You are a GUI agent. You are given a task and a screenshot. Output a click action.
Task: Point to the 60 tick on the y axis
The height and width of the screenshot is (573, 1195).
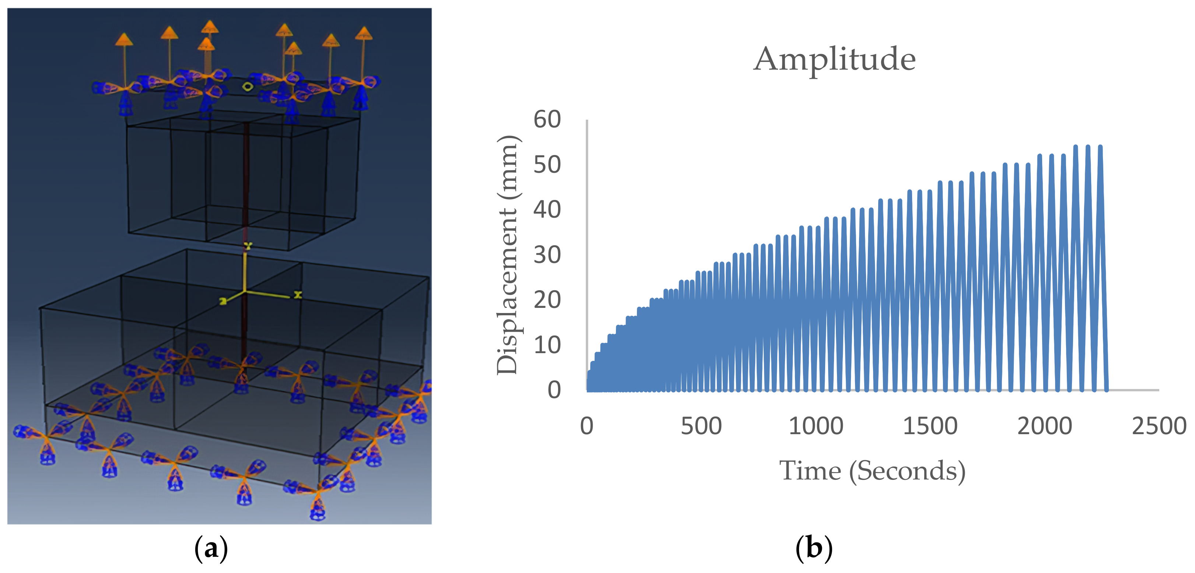tap(547, 120)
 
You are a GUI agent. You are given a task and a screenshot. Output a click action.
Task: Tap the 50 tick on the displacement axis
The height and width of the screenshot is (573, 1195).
tap(547, 165)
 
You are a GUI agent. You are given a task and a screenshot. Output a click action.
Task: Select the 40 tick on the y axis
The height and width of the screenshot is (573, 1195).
tap(547, 210)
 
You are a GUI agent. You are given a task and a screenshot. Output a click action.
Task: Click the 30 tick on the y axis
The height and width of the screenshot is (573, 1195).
tap(547, 255)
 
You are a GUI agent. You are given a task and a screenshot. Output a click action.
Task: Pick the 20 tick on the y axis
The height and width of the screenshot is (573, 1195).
tap(547, 300)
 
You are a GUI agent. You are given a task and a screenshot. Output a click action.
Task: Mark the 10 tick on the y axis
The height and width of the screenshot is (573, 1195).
tap(547, 345)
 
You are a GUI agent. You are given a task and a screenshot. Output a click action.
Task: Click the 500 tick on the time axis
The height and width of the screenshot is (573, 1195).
tap(701, 426)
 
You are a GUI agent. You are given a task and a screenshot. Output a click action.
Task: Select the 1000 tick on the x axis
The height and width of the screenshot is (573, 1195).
tap(816, 426)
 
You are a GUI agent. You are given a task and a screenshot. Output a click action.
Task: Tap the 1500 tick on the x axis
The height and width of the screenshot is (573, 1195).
tap(930, 426)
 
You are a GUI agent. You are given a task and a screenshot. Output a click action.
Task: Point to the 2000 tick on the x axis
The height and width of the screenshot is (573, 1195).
tap(1045, 426)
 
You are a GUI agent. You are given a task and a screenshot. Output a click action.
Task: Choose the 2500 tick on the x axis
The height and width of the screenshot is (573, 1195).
tap(1159, 426)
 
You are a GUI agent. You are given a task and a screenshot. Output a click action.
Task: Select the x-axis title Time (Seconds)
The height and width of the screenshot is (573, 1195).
tap(872, 471)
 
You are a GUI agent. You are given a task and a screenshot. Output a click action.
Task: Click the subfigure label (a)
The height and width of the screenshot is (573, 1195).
tap(211, 548)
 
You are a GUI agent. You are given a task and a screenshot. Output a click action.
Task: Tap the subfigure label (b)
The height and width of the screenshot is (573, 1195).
tap(814, 548)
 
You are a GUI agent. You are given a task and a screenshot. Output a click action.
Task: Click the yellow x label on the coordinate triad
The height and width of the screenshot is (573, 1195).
tap(298, 295)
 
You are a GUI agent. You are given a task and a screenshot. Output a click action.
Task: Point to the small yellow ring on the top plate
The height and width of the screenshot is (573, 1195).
tap(248, 86)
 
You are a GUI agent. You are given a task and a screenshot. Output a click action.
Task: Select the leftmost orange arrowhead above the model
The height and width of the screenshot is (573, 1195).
tap(124, 39)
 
